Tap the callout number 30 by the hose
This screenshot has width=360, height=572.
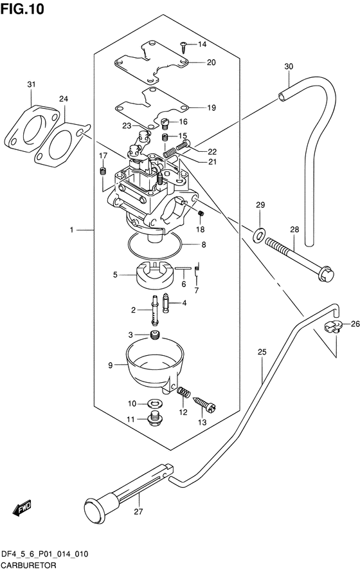[288, 67]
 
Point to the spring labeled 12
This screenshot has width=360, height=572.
[183, 391]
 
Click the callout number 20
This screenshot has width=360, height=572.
[211, 62]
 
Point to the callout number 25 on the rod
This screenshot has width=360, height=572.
[262, 352]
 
